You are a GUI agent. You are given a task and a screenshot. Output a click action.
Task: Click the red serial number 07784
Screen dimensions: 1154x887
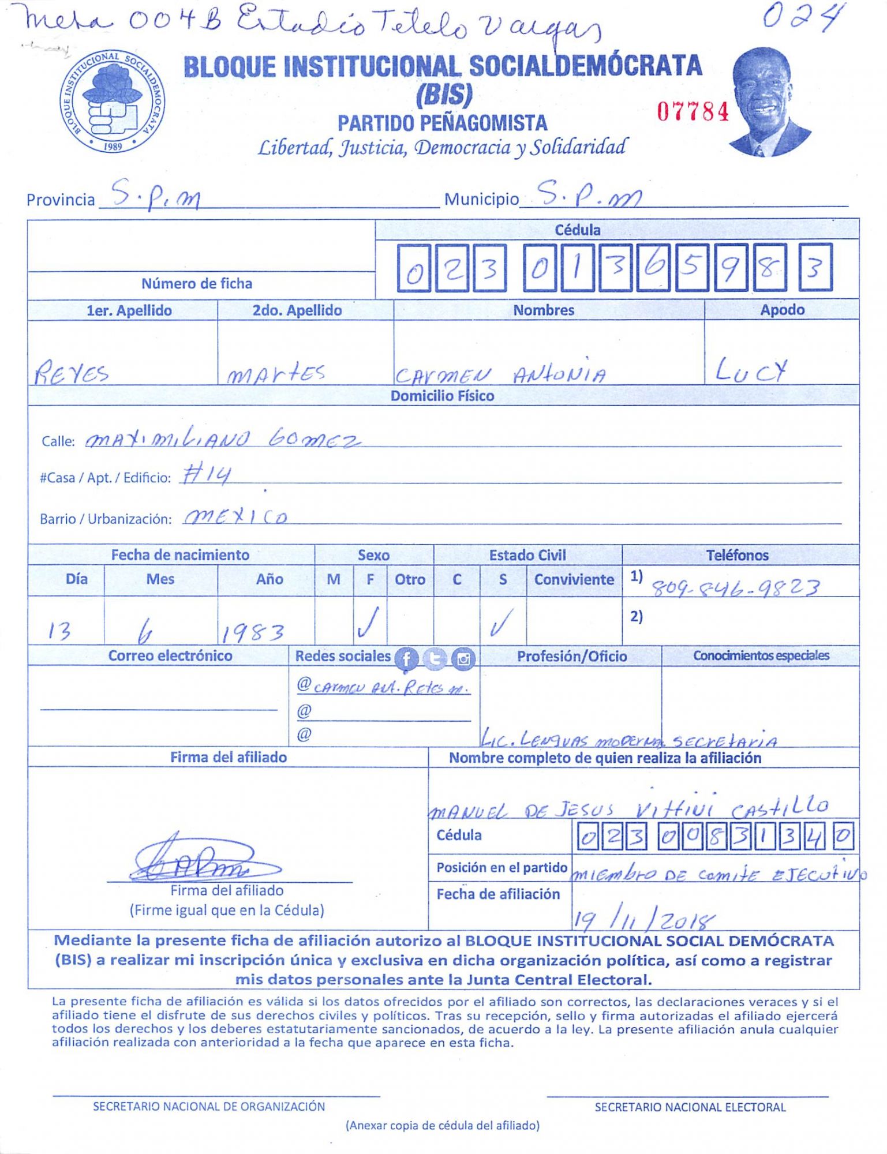pos(693,111)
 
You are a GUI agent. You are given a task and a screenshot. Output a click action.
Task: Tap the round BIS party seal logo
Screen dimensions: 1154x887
pos(113,101)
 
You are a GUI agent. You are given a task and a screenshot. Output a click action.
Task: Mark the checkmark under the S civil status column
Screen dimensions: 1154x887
pos(500,623)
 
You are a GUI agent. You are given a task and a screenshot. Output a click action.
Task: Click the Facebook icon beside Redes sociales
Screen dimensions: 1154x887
pos(406,658)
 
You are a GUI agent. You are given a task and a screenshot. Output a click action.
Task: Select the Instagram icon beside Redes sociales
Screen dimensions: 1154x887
pos(463,658)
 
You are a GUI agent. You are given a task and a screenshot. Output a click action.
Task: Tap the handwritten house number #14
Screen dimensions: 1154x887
pos(207,475)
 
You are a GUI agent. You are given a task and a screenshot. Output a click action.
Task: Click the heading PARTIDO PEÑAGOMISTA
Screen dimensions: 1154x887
pos(442,123)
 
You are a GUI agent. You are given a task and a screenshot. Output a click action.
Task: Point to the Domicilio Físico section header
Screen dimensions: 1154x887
pos(442,396)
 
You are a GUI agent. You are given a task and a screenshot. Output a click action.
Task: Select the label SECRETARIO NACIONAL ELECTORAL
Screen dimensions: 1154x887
pos(690,1107)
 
